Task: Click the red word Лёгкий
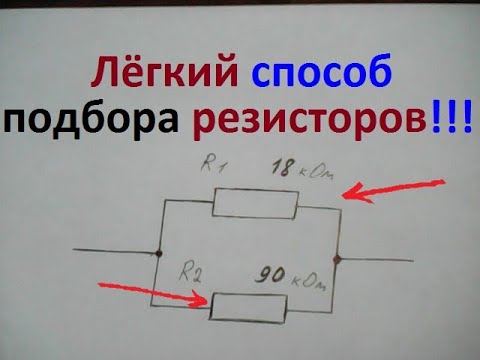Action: pos(165,76)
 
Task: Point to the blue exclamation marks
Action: pos(456,118)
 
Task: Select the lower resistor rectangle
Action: pos(249,305)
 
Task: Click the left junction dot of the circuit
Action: pos(159,253)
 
